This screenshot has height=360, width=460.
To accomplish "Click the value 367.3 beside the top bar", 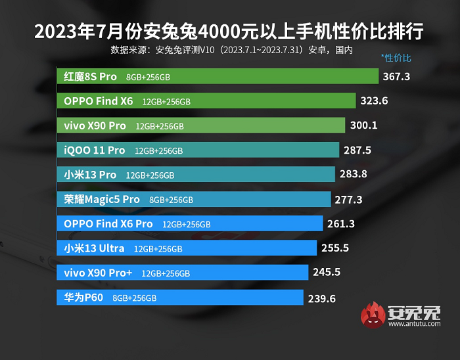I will (396, 77).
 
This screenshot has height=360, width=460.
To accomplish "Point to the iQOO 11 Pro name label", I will (94, 150).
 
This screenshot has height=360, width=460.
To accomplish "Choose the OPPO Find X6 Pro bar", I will (190, 224).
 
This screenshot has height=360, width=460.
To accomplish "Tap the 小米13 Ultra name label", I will (93, 248).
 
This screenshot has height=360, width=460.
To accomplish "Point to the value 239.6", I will (321, 298).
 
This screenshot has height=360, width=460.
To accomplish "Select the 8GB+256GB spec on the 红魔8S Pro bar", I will (148, 78).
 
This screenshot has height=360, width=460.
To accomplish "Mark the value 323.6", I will (375, 101).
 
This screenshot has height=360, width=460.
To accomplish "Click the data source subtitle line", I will (232, 49).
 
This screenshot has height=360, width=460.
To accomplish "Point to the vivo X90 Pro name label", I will (95, 125).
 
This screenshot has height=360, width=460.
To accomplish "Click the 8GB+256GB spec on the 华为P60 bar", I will (135, 298).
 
